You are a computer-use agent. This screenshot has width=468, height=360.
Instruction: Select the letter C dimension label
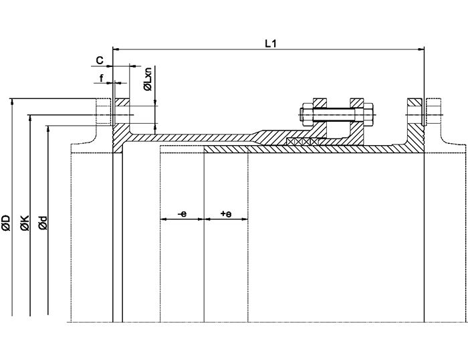tap(99, 60)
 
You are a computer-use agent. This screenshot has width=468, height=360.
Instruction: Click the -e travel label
tap(182, 214)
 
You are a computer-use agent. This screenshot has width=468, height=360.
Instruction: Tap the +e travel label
tap(225, 214)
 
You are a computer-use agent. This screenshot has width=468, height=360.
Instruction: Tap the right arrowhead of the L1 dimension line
tap(421, 49)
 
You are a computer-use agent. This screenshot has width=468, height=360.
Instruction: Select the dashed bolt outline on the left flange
tap(104, 113)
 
